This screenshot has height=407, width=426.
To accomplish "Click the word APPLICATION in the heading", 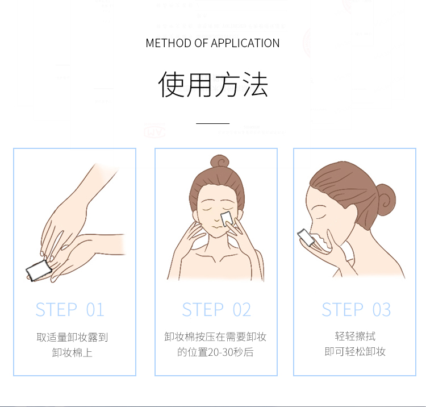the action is click(x=245, y=43).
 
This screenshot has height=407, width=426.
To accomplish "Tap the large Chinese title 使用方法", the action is click(x=213, y=85).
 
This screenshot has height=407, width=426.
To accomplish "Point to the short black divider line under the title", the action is click(x=213, y=123).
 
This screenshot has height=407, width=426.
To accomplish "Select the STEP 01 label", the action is click(x=70, y=310).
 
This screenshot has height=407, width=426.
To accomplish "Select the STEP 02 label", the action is click(x=216, y=310).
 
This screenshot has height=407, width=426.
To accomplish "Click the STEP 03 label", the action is click(x=356, y=310).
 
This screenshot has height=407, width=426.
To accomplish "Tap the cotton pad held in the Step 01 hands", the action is click(x=38, y=270).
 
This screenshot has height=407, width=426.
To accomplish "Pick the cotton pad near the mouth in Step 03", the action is click(x=306, y=238).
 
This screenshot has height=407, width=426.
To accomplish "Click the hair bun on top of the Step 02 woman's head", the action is click(x=220, y=161).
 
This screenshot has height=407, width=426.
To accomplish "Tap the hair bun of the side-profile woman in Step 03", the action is click(x=386, y=200).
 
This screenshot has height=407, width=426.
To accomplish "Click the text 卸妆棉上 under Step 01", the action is click(x=72, y=352).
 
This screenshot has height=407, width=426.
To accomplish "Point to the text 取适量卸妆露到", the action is click(x=72, y=337).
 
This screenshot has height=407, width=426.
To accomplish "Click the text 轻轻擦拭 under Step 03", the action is click(x=356, y=337).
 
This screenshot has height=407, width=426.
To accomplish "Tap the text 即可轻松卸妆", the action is click(x=356, y=351).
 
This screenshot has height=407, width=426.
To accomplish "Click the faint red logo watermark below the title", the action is click(x=154, y=130).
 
